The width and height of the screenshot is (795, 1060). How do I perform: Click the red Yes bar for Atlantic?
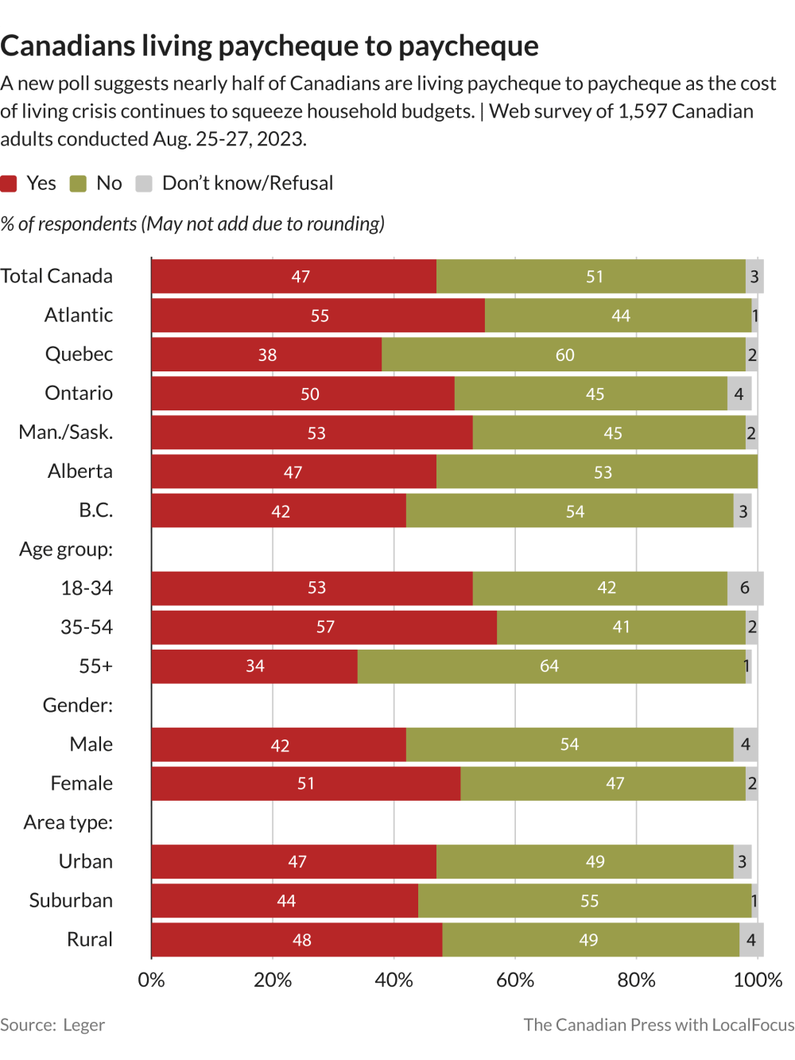(318, 316)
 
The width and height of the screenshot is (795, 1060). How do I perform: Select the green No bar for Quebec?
(564, 355)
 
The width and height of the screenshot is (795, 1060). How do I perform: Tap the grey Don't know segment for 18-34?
(745, 588)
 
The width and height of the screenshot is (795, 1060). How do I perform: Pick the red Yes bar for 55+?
(254, 666)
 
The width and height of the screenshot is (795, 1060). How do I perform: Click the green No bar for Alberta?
(597, 472)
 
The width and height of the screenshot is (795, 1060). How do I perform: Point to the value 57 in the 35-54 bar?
(325, 627)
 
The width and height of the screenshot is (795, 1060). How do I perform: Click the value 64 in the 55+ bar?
(549, 666)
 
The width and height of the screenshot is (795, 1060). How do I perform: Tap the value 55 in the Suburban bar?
(589, 901)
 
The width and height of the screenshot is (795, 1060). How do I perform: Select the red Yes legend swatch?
(9, 184)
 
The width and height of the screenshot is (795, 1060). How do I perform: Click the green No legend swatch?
(78, 184)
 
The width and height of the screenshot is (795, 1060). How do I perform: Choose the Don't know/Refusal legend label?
(247, 184)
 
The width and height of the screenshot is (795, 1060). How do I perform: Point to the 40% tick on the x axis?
(394, 980)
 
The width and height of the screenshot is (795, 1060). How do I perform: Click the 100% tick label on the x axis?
(758, 980)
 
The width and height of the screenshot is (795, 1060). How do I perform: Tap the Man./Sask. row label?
(66, 433)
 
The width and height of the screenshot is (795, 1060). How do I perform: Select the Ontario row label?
(79, 394)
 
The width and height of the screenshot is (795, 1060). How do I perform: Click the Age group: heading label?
(66, 549)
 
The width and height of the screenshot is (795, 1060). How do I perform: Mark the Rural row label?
(90, 940)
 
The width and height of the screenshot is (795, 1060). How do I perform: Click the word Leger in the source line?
(83, 1025)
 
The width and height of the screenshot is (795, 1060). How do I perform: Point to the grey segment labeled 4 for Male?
(745, 744)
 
